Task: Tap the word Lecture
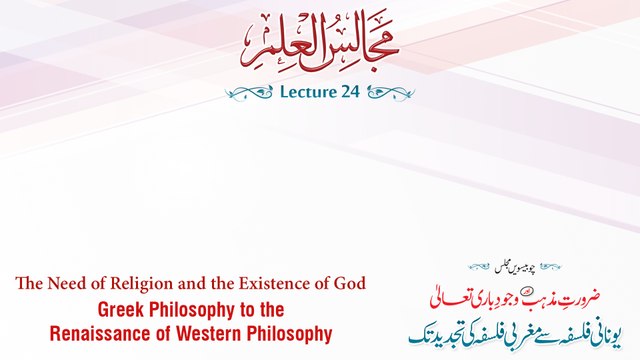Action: [x=301, y=92]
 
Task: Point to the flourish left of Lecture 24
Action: [x=248, y=93]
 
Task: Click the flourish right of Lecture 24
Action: [x=392, y=93]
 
